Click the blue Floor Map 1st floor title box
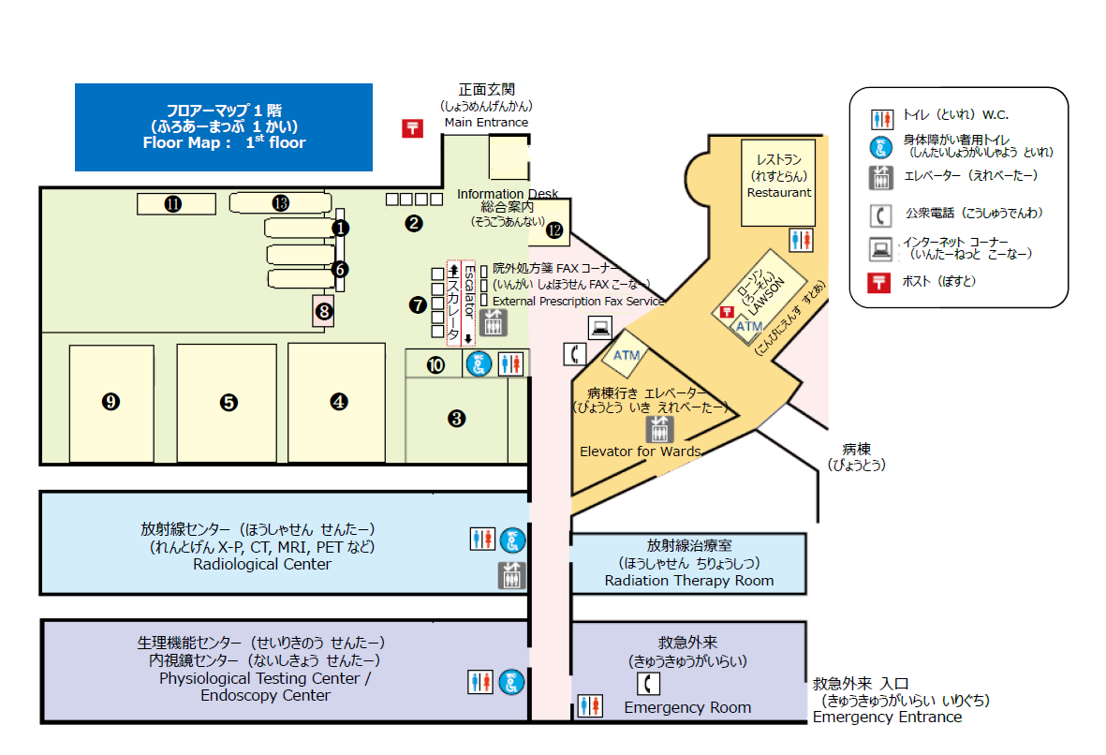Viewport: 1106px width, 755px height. point(224,127)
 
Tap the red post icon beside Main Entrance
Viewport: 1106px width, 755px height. point(412,128)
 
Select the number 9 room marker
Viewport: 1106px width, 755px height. point(111,402)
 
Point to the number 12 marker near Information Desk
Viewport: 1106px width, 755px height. point(554,229)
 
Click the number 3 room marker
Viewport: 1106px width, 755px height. point(457,419)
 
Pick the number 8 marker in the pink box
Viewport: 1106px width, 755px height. point(324,312)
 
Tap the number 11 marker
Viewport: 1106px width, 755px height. point(172,202)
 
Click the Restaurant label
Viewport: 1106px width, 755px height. point(778,192)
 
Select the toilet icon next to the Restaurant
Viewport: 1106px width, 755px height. point(801,240)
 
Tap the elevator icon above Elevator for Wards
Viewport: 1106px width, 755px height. point(660,429)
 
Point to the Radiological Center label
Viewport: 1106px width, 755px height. point(261,564)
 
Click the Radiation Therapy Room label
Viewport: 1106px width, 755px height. point(688,580)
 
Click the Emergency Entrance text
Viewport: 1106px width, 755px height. point(887,718)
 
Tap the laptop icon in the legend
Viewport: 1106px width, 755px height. point(880,250)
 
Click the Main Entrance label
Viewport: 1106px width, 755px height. point(486,122)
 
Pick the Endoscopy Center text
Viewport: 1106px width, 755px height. point(265,696)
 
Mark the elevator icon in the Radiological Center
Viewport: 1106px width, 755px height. point(511,575)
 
